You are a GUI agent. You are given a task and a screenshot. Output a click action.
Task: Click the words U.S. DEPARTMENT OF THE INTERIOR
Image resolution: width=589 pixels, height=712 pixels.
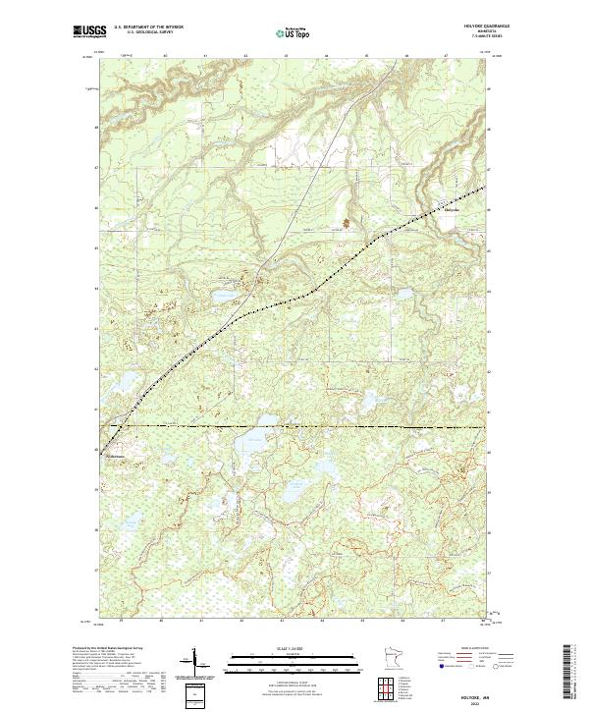click(150, 27)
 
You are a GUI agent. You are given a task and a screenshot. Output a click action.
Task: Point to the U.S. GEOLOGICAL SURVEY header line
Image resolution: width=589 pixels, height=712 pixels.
click(150, 32)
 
